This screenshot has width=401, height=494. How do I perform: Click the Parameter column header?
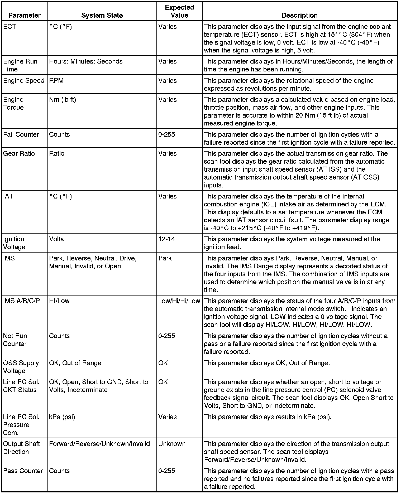[x=25, y=15]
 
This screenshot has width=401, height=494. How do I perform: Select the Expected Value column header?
[x=179, y=11]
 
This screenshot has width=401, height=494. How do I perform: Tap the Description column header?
[x=299, y=15]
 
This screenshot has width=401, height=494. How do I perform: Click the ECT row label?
[x=10, y=27]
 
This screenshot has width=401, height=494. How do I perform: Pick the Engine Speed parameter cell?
[x=24, y=81]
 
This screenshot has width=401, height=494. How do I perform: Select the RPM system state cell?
[x=56, y=81]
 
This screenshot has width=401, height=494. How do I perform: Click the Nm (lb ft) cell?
[x=63, y=100]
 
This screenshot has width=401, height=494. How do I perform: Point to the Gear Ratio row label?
[x=19, y=153]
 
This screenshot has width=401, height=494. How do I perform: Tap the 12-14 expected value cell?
[x=167, y=239]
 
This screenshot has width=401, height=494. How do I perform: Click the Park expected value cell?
[x=165, y=258]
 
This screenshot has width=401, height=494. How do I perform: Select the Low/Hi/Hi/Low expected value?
[x=179, y=301]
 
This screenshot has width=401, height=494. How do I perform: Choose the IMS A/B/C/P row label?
[x=22, y=301]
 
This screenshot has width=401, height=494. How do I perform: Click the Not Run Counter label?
[x=15, y=340]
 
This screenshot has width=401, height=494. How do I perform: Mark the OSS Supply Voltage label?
[x=21, y=367]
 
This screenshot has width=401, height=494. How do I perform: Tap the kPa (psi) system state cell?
[x=62, y=417]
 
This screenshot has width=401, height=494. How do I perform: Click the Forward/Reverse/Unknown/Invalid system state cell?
[x=99, y=444]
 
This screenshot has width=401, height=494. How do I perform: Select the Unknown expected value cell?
[x=172, y=444]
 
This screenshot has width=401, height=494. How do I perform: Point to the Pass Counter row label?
[x=23, y=471]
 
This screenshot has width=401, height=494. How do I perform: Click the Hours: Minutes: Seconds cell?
[x=86, y=61]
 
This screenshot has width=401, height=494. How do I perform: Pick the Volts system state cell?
[x=56, y=239]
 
